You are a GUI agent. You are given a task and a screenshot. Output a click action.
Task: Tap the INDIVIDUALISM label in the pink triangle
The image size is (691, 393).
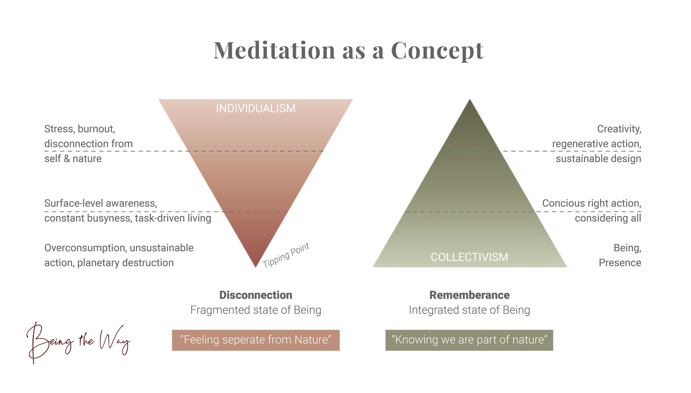256,109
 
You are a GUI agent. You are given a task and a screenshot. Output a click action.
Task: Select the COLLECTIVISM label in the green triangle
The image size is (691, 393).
469,257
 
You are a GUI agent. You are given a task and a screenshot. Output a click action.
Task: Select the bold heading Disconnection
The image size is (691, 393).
256,295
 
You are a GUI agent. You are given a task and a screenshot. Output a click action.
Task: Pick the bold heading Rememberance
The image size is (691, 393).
469,295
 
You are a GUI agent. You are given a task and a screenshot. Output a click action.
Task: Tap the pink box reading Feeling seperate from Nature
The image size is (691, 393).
256,340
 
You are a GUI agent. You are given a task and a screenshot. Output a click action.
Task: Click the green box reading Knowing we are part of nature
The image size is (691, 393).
469,340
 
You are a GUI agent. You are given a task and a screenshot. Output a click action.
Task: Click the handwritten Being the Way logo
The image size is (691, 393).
78,342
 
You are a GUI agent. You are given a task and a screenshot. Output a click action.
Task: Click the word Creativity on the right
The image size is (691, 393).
619,129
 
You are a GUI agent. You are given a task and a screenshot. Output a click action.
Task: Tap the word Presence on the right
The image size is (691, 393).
620,263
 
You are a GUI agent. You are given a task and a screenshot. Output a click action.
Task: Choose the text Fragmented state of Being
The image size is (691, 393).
256,310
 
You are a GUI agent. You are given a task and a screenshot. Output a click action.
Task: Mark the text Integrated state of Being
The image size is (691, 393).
469,310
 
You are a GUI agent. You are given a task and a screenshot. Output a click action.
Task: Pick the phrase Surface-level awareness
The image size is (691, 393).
101,203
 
